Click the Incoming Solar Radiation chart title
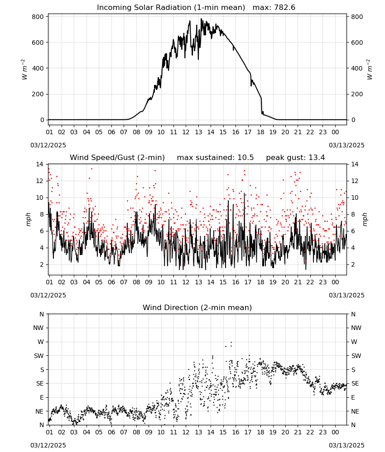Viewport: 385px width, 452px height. click(171, 8)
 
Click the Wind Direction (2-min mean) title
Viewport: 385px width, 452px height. click(197, 307)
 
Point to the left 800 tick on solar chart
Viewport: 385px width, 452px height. click(38, 17)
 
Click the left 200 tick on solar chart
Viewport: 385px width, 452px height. click(38, 94)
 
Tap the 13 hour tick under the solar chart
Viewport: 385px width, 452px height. click(198, 132)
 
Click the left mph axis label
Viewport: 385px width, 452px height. click(28, 219)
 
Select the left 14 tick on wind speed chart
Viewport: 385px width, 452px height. click(39, 165)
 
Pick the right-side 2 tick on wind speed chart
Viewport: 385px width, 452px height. click(353, 264)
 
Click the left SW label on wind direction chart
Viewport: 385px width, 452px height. click(39, 356)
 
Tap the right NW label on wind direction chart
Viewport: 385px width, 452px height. click(356, 328)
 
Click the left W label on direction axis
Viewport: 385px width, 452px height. click(41, 342)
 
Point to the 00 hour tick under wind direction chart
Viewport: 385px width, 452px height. click(335, 432)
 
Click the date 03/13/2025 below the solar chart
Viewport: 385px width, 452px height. click(346, 145)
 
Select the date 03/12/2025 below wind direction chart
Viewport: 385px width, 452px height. click(48, 445)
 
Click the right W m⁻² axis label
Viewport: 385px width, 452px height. click(370, 69)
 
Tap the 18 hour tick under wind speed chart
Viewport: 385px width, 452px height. click(260, 282)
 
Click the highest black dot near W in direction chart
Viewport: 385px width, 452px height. click(231, 342)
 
